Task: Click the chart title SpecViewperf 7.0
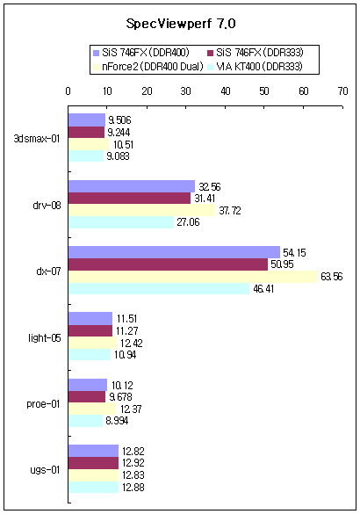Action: coord(181,24)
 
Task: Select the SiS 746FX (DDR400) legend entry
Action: coord(141,53)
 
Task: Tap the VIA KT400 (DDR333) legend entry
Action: coord(256,67)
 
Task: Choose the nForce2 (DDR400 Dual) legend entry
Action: coord(148,67)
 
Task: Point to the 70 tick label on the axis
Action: coord(342,91)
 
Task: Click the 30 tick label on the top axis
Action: coord(186,91)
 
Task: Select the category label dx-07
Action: coord(48,271)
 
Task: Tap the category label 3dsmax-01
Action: coord(37,139)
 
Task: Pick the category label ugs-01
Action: coord(45,470)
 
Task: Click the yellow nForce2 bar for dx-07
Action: coord(192,277)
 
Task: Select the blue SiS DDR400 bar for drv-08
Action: coord(132,186)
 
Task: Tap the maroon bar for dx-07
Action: coord(168,264)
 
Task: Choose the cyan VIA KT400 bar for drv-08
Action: coord(121,222)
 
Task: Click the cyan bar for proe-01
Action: coord(85,421)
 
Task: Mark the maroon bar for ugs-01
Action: coord(93,463)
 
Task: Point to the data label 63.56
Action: coord(332,277)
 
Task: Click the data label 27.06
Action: coord(188,222)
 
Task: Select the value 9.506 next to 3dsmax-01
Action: coord(119,120)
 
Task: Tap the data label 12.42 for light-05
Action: coord(132,344)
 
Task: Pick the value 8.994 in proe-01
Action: coord(117,421)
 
